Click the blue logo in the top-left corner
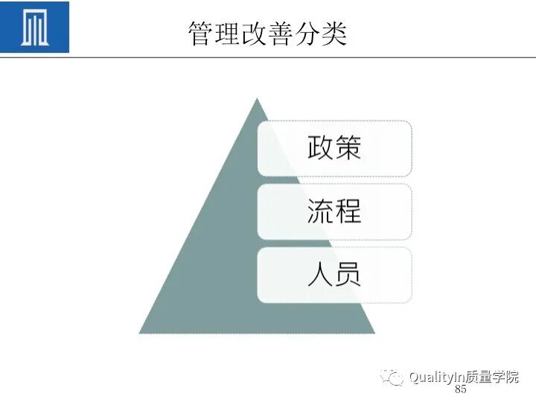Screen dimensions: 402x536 tap(35, 28)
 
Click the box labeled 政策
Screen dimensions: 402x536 tap(334, 148)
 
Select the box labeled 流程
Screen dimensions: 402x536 tap(334, 211)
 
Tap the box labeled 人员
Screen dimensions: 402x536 tap(334, 275)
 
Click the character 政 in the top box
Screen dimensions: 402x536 tap(321, 148)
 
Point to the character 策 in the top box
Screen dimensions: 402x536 tap(348, 148)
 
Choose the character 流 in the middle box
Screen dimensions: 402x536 tap(321, 211)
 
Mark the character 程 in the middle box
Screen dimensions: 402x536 tap(348, 211)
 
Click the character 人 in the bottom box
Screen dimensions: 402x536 tap(321, 275)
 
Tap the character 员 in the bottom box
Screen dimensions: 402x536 tap(348, 275)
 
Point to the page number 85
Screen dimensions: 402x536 tap(460, 390)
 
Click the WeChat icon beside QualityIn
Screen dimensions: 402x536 tap(392, 377)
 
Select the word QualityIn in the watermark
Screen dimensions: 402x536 tap(435, 377)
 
